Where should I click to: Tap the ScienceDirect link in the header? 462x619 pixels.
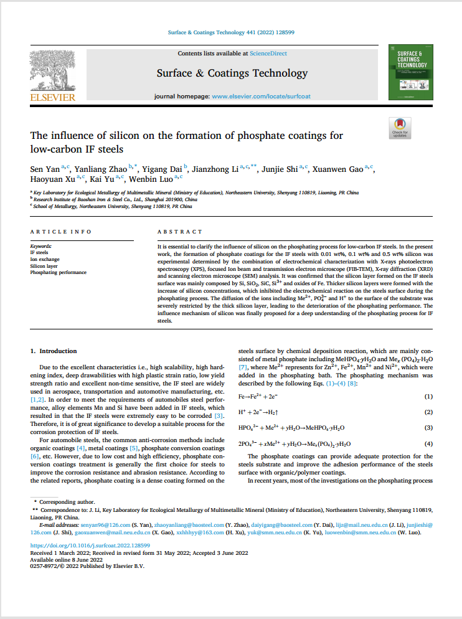pyautogui.click(x=268, y=54)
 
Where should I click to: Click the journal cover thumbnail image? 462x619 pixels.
pyautogui.click(x=410, y=72)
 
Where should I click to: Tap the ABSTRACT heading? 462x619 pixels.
pyautogui.click(x=180, y=232)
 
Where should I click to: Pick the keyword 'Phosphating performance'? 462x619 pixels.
pyautogui.click(x=59, y=272)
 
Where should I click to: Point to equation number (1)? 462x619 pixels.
pyautogui.click(x=428, y=396)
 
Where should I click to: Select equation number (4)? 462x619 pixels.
pyautogui.click(x=428, y=443)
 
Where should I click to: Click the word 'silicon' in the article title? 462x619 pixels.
pyautogui.click(x=126, y=136)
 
